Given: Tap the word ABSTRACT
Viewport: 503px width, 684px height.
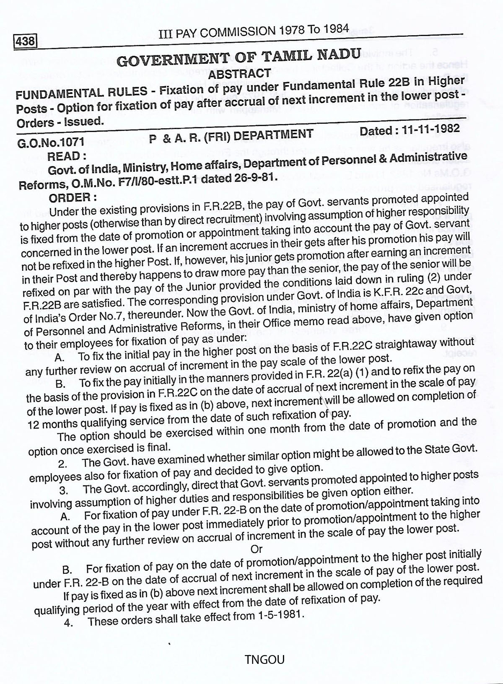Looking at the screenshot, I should [240, 74].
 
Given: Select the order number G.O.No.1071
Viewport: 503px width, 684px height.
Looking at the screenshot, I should [51, 142].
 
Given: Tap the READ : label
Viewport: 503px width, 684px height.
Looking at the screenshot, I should [67, 156].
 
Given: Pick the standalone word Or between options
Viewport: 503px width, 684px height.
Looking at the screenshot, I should [256, 549].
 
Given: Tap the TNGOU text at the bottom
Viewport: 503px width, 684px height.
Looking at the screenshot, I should [264, 660].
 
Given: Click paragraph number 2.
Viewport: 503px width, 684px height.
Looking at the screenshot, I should [63, 464].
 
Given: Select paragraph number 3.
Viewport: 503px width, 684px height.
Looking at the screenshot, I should [64, 490].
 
